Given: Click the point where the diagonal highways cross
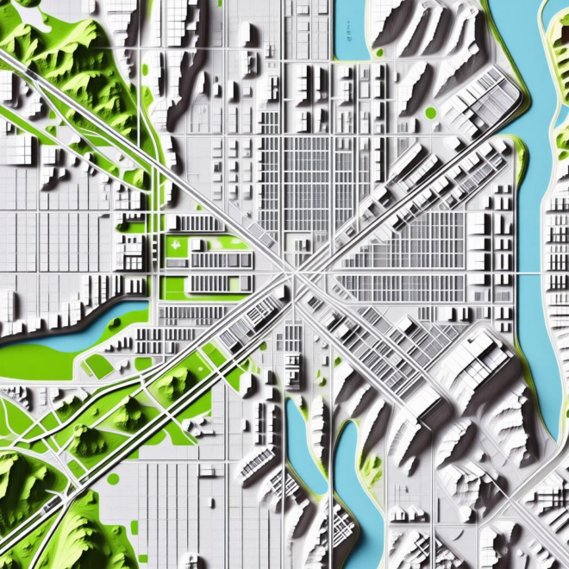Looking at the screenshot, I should point(293,275).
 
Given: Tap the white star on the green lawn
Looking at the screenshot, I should point(178,247).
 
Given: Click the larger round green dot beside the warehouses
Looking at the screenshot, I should point(430,112).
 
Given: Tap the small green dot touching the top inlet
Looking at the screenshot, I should point(378,52).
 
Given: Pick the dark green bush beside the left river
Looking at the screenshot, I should point(115,324).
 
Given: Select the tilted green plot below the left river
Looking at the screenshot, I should point(98,366).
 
